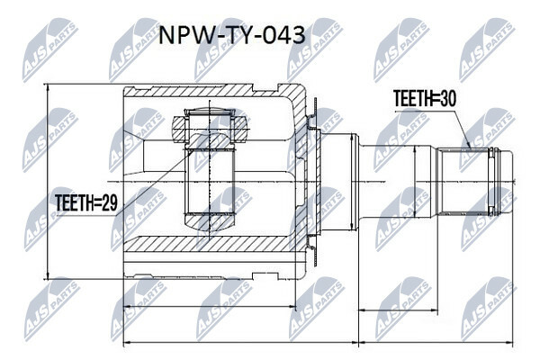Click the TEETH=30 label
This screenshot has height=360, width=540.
(x=424, y=101)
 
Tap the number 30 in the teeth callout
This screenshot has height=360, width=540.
(x=444, y=101)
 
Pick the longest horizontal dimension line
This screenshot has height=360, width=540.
(x=315, y=342)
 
